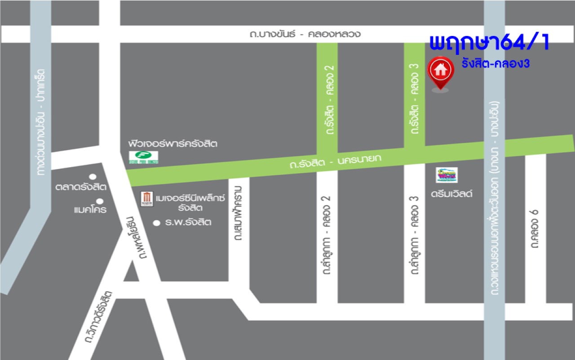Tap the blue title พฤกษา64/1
(489, 43)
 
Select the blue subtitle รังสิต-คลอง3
(495, 64)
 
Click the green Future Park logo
(144, 157)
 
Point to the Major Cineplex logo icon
(146, 198)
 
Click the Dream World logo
(447, 174)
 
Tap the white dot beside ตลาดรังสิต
(93, 177)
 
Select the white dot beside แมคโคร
(100, 201)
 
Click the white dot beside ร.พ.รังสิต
(156, 222)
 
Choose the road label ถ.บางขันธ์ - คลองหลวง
(305, 34)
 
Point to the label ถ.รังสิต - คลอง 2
(327, 99)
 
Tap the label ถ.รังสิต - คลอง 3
(415, 98)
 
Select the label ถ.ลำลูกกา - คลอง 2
(327, 235)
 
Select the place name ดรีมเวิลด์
(452, 195)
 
